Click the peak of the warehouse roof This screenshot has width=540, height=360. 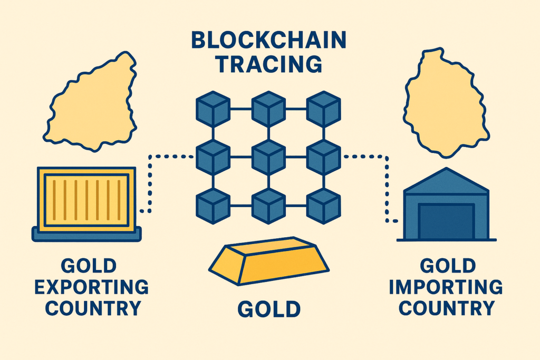coord(446,168)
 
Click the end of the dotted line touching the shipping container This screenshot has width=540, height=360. coord(141,211)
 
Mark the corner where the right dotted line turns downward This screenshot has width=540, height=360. coord(387,157)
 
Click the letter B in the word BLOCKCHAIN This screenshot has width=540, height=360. coord(199,40)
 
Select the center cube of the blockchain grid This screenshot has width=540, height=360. coord(268,157)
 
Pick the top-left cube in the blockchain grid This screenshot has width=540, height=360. coord(213,109)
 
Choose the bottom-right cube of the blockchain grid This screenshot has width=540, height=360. coord(323,206)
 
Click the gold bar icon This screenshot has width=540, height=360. coord(268,260)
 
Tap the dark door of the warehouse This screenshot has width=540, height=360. coord(446,221)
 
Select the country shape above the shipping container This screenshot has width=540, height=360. coord(90,102)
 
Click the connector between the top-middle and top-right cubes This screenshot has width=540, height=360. coord(296,109)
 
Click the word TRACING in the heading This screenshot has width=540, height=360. coord(268,64)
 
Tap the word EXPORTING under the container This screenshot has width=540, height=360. coord(92,287)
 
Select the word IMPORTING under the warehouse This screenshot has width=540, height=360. coord(446,287)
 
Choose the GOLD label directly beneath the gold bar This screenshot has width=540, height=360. coord(269,309)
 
